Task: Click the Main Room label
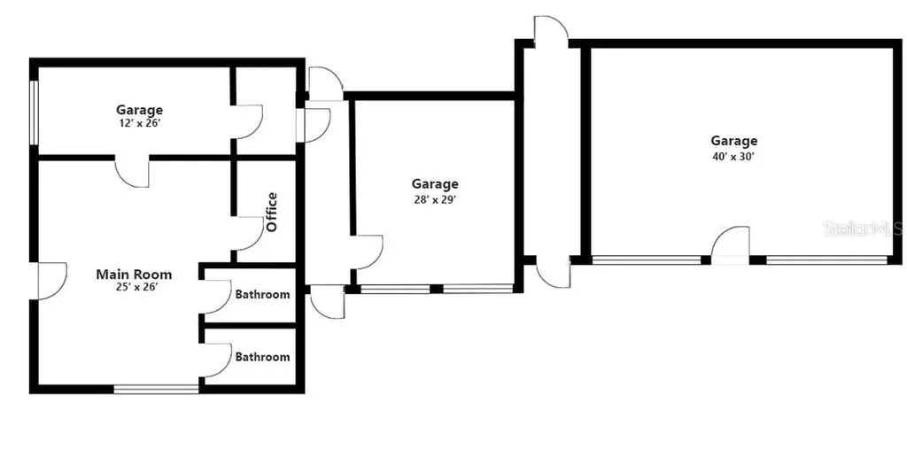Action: [x=134, y=275]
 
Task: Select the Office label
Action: [x=272, y=212]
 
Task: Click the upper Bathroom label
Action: [x=261, y=294]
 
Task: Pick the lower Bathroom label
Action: [x=261, y=357]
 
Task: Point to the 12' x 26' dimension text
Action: [x=139, y=123]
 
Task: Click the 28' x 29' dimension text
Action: [x=434, y=199]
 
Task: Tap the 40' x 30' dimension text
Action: [x=733, y=156]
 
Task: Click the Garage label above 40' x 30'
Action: [x=733, y=141]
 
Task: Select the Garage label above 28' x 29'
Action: [x=434, y=184]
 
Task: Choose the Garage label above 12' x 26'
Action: [x=139, y=110]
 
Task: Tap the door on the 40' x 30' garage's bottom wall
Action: [x=732, y=244]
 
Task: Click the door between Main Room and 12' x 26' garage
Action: [x=132, y=172]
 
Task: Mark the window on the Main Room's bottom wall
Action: [x=157, y=388]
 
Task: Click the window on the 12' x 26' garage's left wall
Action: [x=34, y=112]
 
